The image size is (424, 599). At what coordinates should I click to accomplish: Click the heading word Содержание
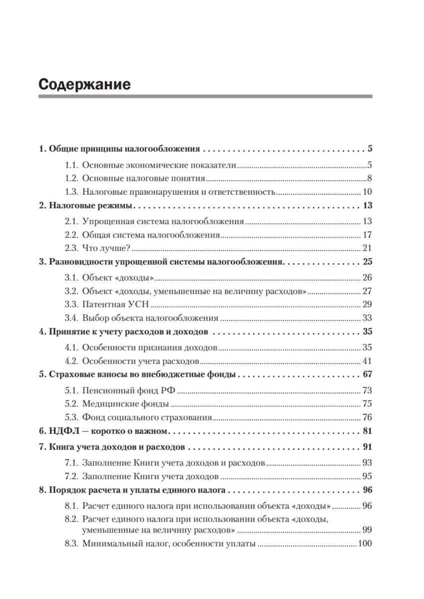coord(84,84)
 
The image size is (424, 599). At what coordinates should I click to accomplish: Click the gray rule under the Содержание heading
coord(205,96)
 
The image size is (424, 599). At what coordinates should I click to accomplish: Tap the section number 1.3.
coord(72,192)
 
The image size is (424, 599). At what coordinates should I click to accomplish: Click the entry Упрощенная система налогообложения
coord(163,221)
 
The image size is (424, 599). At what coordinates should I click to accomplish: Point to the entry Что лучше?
coord(106,248)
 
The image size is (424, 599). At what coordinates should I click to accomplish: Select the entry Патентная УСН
coord(116,303)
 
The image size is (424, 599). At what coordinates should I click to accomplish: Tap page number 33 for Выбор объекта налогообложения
coord(367,317)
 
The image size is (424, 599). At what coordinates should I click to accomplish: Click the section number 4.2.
coord(72,360)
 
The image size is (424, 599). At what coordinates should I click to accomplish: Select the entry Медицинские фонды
coord(125,404)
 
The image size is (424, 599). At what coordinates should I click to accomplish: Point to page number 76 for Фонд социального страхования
coord(367,417)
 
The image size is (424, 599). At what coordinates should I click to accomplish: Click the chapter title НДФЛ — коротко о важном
coord(105,431)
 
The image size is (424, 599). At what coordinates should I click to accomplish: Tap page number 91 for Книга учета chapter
coord(367,447)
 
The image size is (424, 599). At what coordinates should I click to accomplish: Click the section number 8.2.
coord(72,519)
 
